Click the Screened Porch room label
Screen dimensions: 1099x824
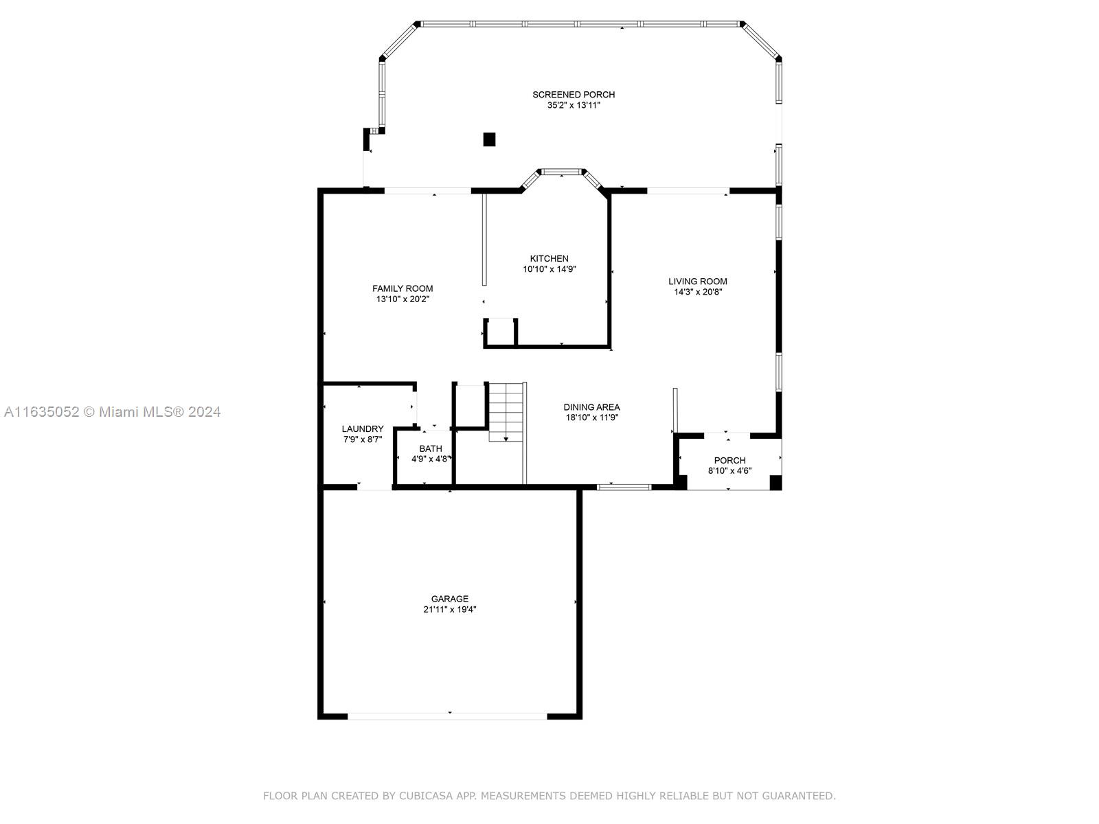(x=574, y=95)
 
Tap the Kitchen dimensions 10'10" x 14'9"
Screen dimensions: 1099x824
(x=549, y=269)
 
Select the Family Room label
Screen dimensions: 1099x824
(x=403, y=288)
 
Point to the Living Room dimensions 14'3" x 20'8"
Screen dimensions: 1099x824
(x=698, y=293)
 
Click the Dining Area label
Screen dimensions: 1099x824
(x=592, y=407)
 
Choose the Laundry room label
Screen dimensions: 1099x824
(x=363, y=428)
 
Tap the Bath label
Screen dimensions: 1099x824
(x=431, y=449)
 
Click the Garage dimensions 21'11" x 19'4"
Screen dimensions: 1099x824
(x=450, y=609)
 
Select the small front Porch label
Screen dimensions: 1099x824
(x=729, y=460)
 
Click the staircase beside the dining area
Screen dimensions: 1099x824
(x=507, y=412)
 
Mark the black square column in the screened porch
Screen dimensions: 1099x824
(x=489, y=139)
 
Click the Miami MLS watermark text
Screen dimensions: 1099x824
(x=112, y=412)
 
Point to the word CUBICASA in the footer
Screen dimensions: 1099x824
(x=426, y=795)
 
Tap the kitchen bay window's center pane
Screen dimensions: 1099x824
(x=562, y=172)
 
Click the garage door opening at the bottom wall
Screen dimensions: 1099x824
(x=447, y=716)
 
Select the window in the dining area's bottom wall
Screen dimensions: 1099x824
(x=624, y=487)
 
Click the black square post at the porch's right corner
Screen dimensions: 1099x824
(x=775, y=483)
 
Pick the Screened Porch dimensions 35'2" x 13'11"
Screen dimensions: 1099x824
(x=574, y=106)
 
